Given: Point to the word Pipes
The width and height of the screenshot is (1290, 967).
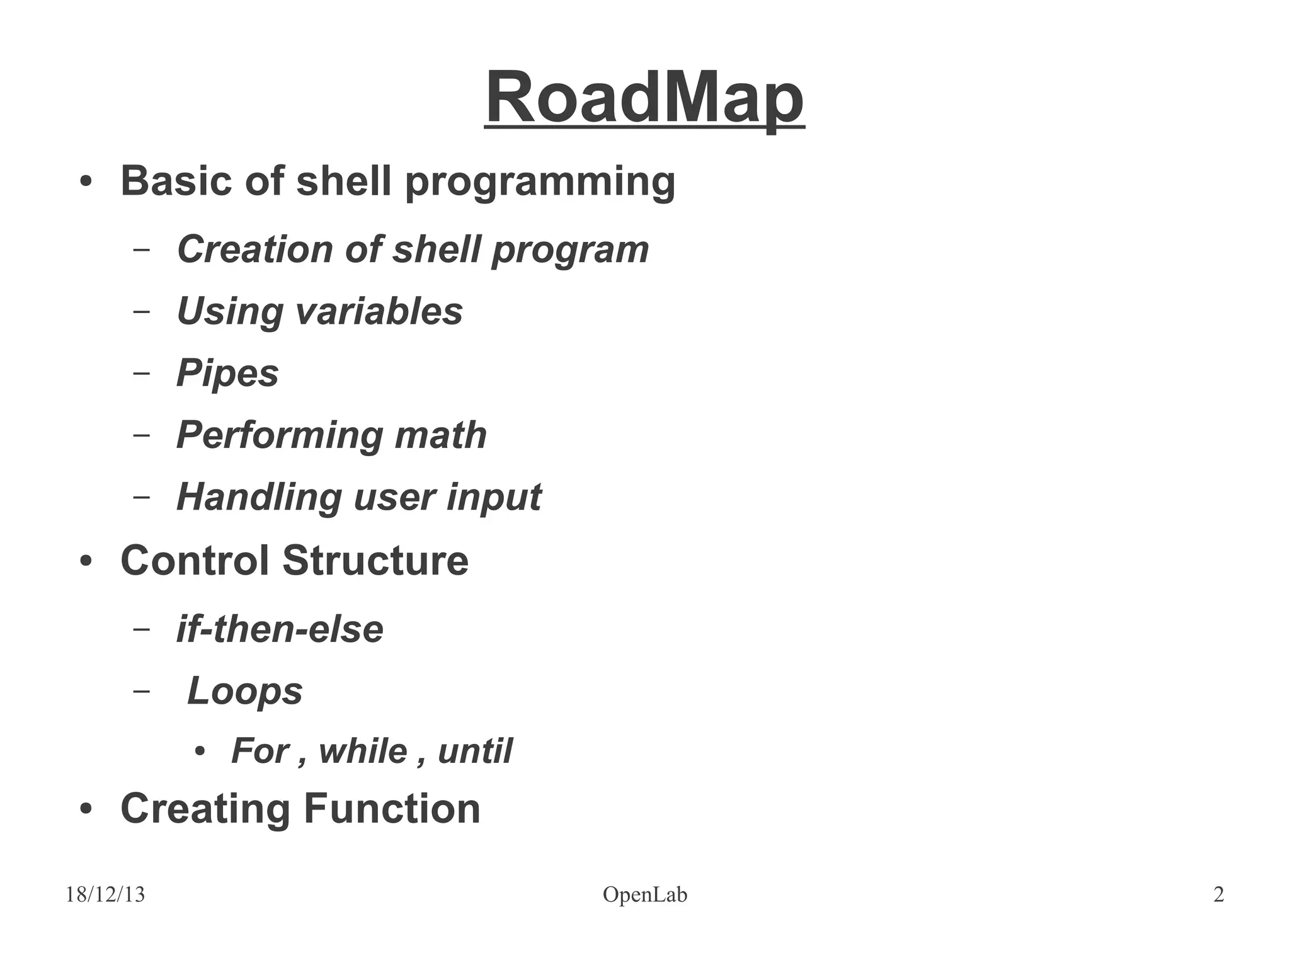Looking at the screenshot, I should (227, 374).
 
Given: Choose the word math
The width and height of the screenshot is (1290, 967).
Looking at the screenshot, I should (440, 435).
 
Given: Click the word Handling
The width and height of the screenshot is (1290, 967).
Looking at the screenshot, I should (259, 497).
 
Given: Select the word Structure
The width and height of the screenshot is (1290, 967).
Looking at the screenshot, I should (375, 560).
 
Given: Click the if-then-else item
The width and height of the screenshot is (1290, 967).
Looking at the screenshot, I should (280, 629).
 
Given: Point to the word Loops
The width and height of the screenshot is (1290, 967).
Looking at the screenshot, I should (244, 691).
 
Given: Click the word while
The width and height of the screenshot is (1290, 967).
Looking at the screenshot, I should (363, 751).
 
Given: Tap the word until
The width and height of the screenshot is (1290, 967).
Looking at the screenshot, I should (475, 751).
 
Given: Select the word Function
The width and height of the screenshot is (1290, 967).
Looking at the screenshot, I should (392, 808).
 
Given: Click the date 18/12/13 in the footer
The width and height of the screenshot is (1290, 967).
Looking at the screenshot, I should (105, 895).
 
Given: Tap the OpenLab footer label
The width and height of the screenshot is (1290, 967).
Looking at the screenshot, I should (644, 895).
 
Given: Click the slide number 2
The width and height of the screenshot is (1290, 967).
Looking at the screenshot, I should (1218, 895).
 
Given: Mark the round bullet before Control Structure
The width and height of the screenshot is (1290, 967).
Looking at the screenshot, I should (86, 561).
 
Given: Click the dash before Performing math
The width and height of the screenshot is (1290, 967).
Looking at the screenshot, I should (142, 435).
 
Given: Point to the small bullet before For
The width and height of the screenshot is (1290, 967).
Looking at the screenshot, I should (200, 752).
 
